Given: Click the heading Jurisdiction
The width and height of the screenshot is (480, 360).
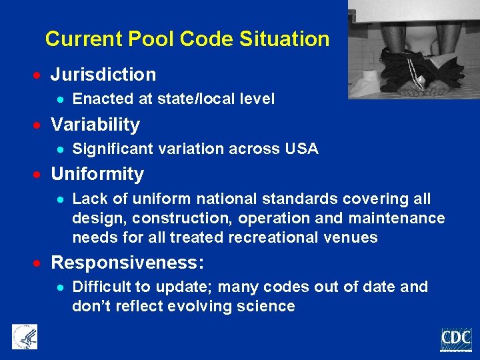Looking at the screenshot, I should pyautogui.click(x=103, y=74).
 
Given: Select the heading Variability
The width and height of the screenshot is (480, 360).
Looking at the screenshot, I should pyautogui.click(x=95, y=125).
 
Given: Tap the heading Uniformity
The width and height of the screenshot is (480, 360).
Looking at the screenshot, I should pyautogui.click(x=97, y=174).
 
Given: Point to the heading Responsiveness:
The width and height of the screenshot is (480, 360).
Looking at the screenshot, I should pyautogui.click(x=127, y=263).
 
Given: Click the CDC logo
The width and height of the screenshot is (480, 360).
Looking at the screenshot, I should pyautogui.click(x=456, y=339).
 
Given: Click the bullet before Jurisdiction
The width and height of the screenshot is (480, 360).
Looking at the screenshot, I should pyautogui.click(x=40, y=75).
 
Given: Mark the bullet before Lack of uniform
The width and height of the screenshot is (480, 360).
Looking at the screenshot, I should pyautogui.click(x=60, y=199).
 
